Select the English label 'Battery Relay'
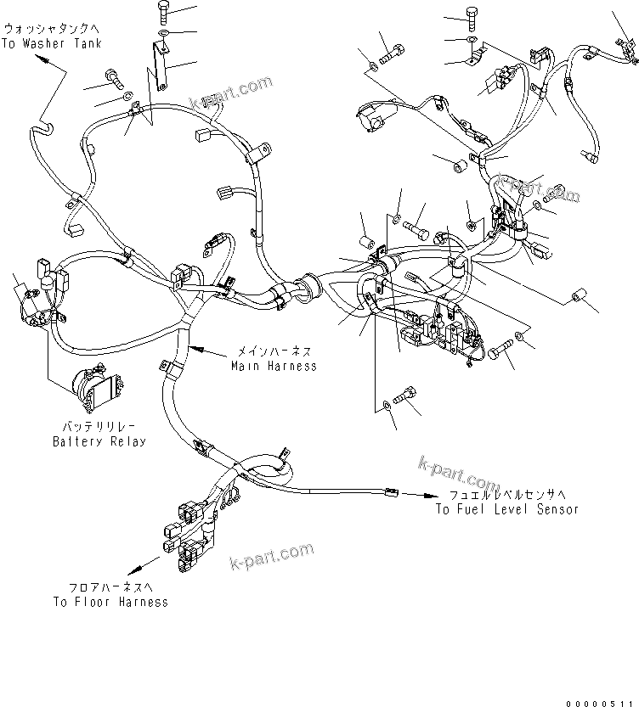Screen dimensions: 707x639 [99, 441]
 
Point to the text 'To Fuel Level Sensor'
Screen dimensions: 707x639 [507, 509]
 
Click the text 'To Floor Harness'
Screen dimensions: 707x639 [110, 602]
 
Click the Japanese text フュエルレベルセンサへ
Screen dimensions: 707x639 [507, 495]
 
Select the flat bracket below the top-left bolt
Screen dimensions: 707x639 [159, 64]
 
